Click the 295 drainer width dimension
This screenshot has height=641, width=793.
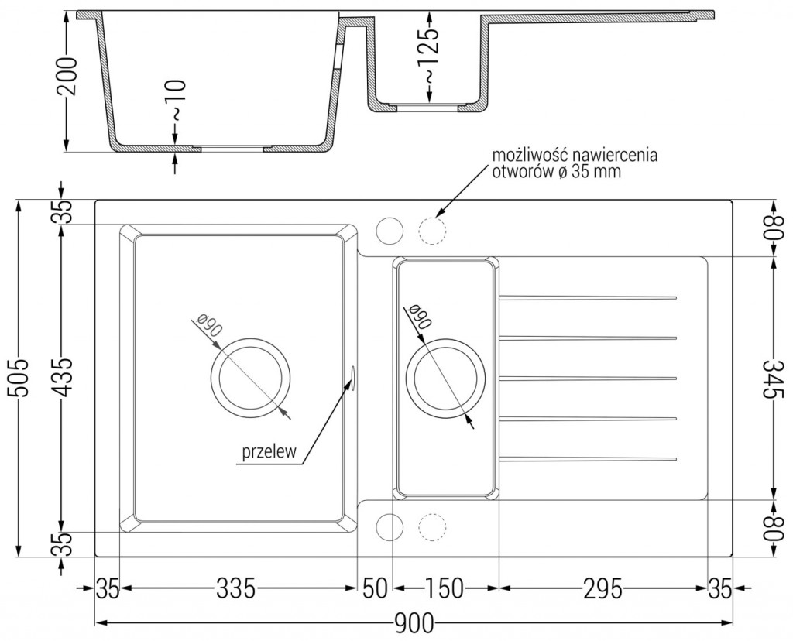(602, 590)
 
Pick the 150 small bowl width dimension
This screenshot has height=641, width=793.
(445, 590)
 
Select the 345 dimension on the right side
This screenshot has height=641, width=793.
(771, 378)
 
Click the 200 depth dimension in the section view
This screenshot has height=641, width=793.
(67, 76)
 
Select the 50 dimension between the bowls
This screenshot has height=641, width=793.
(374, 590)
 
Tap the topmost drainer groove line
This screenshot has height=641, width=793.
(589, 297)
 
